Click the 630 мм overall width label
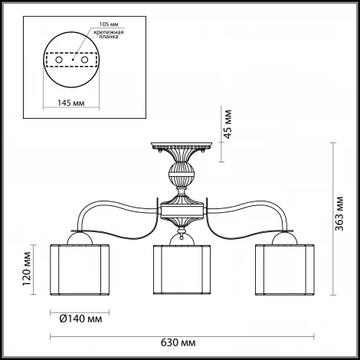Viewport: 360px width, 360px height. pyautogui.click(x=178, y=342)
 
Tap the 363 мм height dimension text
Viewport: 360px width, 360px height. pyautogui.click(x=339, y=214)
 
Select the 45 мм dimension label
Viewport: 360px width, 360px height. pyautogui.click(x=227, y=124)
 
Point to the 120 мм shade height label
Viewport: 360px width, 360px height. pyautogui.click(x=27, y=269)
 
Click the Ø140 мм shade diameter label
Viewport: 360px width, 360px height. pyautogui.click(x=80, y=319)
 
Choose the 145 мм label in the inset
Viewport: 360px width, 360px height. pyautogui.click(x=70, y=103)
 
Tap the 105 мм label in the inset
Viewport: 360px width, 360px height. pyautogui.click(x=109, y=25)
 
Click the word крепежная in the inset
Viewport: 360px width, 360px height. pyautogui.click(x=109, y=32)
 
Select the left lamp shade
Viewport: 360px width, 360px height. pyautogui.click(x=80, y=270)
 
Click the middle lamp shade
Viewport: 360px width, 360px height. pyautogui.click(x=182, y=270)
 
